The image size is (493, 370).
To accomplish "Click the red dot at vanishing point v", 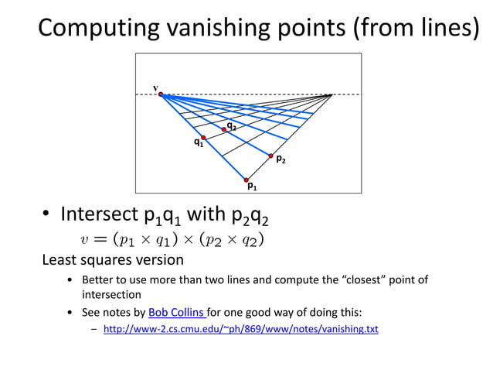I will [x=161, y=94].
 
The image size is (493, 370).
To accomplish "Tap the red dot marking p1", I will [x=246, y=180].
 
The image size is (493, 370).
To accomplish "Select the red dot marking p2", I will [x=270, y=156].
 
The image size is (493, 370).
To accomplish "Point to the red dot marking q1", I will [x=203, y=137].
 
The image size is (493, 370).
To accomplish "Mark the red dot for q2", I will [x=225, y=129].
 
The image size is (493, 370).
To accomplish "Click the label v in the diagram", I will [x=155, y=87].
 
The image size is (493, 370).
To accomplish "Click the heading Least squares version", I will [x=112, y=259].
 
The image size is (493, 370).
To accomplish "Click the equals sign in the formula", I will [x=102, y=238].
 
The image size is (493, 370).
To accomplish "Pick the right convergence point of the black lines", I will [x=332, y=94].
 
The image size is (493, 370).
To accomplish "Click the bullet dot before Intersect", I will [x=46, y=214].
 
